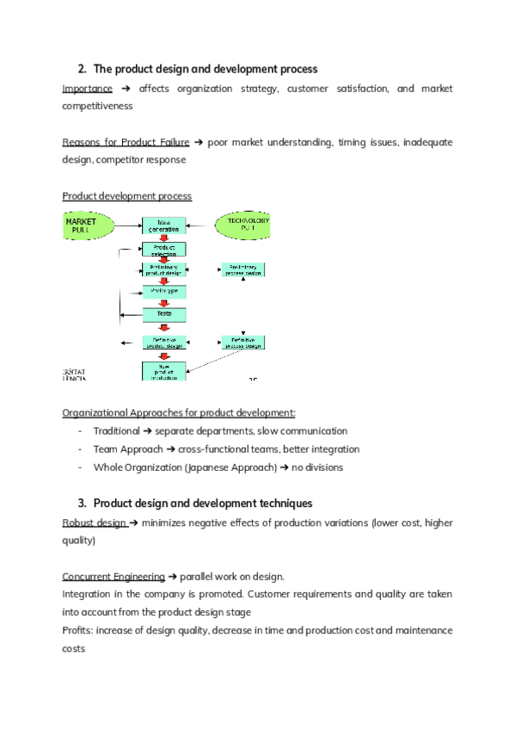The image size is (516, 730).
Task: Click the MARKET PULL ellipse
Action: pos(87,226)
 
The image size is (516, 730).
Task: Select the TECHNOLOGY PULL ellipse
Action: pos(243,226)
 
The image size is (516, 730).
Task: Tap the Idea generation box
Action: pos(163,226)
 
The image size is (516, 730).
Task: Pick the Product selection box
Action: pos(163,250)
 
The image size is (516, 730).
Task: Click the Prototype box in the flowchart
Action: pos(163,291)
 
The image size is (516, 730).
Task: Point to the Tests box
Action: pos(163,314)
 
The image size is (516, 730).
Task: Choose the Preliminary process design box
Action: pos(243,269)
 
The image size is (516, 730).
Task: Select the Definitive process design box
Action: pos(243,342)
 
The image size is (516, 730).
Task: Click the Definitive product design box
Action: pos(163,342)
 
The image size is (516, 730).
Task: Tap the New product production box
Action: pos(163,371)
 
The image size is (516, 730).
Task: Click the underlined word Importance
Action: pos(87,89)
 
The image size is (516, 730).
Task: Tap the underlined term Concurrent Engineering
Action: pos(114,576)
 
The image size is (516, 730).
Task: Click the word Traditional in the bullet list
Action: pos(116,430)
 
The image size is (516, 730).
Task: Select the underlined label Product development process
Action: pos(127,196)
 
